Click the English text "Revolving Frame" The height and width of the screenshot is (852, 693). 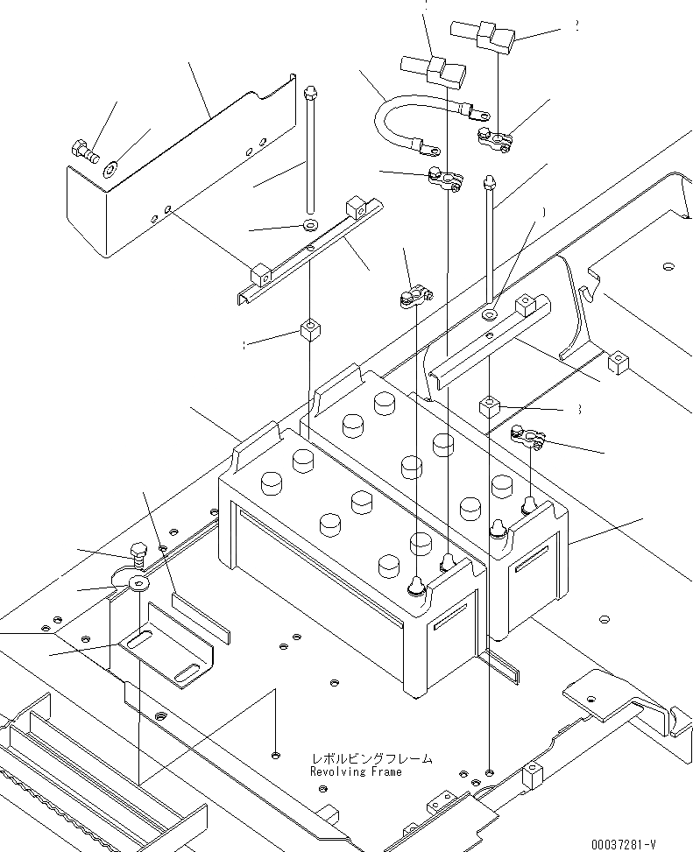click(x=356, y=772)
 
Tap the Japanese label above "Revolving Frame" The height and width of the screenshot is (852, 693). click(x=371, y=759)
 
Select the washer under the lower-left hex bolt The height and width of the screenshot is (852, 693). click(x=138, y=581)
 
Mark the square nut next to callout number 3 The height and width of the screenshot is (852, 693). click(x=489, y=406)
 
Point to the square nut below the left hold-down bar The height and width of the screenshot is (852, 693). click(x=309, y=331)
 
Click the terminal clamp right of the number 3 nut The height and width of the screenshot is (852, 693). click(x=528, y=433)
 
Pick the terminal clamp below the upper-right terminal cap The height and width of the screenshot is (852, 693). click(x=493, y=137)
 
